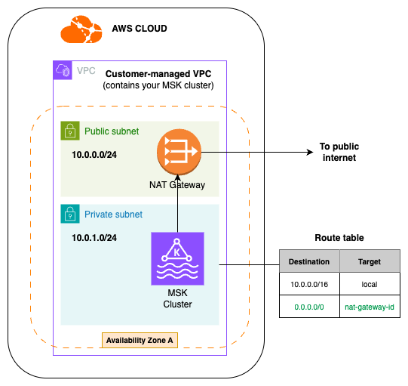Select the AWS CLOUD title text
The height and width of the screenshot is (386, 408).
pos(139,29)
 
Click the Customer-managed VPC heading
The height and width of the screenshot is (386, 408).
pos(158,74)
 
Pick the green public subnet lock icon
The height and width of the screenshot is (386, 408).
pos(69,131)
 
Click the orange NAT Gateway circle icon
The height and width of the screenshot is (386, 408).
pos(178,151)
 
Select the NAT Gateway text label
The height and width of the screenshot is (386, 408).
pos(178,184)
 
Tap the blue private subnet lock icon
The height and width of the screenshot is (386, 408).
pos(69,214)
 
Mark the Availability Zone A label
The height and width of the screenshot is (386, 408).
pos(140,341)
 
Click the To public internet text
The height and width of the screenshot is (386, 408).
pos(337,153)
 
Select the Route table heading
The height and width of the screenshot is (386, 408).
pos(339,237)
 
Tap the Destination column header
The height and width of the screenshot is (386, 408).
pos(309,262)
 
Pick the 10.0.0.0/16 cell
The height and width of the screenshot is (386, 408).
pos(309,285)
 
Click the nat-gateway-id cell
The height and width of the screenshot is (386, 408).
pos(370,307)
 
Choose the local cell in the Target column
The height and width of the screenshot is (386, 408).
pos(370,285)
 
